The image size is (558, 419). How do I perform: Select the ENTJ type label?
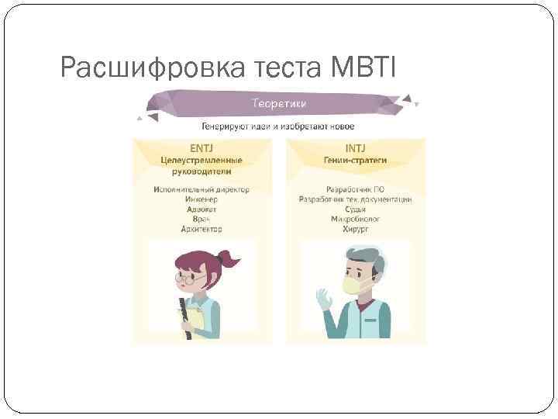tap(201, 147)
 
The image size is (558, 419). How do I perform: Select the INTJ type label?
tap(356, 147)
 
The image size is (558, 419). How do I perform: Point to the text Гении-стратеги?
tap(356, 161)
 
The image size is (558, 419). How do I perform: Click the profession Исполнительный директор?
tap(201, 189)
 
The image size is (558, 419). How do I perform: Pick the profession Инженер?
tap(201, 199)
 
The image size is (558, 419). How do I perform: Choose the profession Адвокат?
tap(201, 209)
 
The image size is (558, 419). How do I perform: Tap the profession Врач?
tap(201, 220)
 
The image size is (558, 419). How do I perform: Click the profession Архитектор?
tap(201, 230)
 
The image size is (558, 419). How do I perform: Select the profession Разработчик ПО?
tap(356, 189)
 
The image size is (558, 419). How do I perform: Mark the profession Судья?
tap(356, 209)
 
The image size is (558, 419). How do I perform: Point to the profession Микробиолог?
tap(356, 220)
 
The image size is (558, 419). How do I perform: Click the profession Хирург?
tap(356, 230)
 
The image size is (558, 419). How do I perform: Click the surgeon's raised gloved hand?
tap(324, 299)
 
